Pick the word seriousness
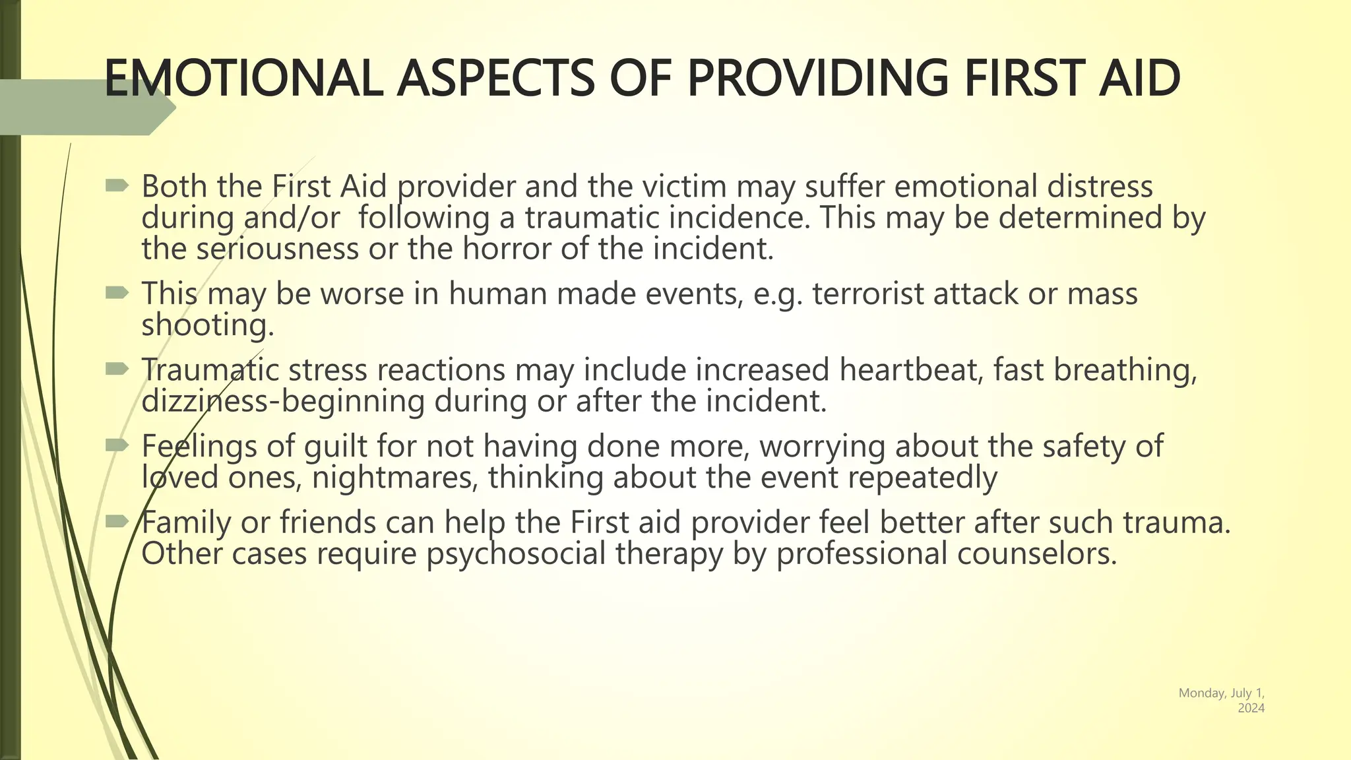click(x=277, y=249)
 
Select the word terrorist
click(x=868, y=294)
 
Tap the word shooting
click(x=207, y=325)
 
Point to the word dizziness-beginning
click(x=283, y=401)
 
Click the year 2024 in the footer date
click(x=1251, y=708)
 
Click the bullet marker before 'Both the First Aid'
click(x=117, y=186)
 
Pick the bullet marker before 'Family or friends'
click(x=117, y=522)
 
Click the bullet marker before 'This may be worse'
click(x=117, y=293)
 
